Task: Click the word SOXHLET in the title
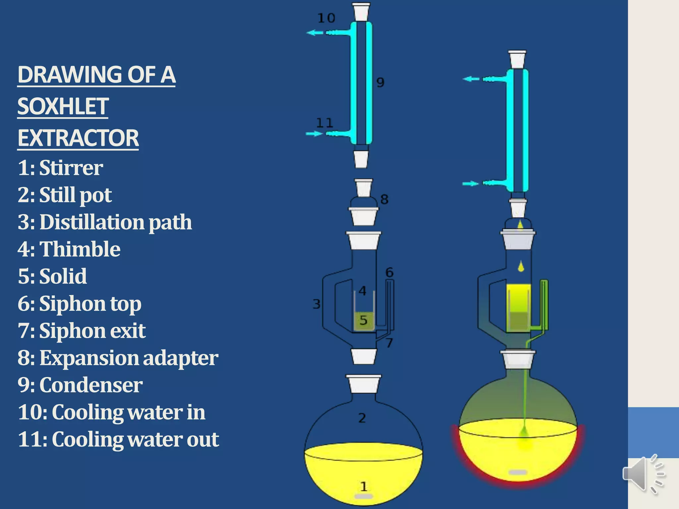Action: coord(63,106)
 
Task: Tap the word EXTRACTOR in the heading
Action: coord(78,138)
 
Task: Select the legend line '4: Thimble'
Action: coord(69,249)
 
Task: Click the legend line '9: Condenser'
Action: coord(80,385)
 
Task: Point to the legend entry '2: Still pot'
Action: coord(65,195)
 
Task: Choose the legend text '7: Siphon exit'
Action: coord(82,331)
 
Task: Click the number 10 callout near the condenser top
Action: coord(326,18)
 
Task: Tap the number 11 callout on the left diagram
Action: coord(324,123)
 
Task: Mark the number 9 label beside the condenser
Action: coord(380,82)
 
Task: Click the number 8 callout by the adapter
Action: coord(384,199)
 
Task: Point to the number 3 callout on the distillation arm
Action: coord(317,304)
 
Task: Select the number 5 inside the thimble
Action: coord(363,320)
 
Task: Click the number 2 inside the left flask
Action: coord(362,418)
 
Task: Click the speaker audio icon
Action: coord(643,474)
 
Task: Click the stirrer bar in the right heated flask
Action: coord(518,472)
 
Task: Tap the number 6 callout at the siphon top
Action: coord(389,272)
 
